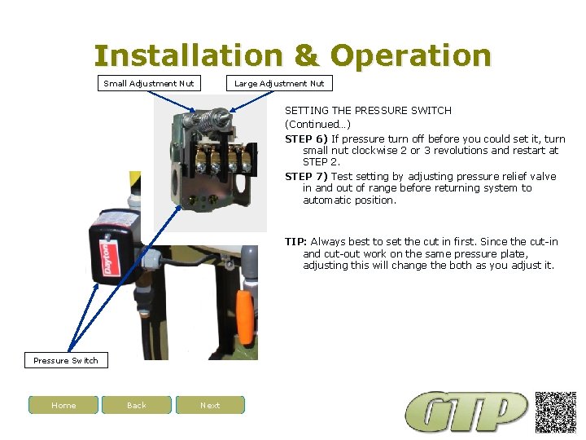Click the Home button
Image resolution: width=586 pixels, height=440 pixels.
[x=63, y=405]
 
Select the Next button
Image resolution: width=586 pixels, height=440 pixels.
[x=210, y=405]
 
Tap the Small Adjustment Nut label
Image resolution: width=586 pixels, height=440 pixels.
[x=149, y=83]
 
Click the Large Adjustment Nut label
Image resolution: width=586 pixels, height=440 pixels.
[x=279, y=83]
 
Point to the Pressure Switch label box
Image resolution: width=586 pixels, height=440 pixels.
[x=65, y=360]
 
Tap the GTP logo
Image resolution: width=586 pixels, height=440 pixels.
[x=468, y=411]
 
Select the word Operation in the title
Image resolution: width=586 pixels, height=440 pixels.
[x=411, y=56]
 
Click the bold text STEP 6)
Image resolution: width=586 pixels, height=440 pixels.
[x=306, y=139]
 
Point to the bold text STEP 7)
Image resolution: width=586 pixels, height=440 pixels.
[x=306, y=176]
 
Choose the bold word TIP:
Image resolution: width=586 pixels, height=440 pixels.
[x=295, y=241]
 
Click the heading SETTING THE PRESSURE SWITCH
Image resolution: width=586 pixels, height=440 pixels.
[x=368, y=110]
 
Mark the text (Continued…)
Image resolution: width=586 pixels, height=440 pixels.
[x=317, y=124]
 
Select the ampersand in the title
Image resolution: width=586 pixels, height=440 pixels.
[x=306, y=56]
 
